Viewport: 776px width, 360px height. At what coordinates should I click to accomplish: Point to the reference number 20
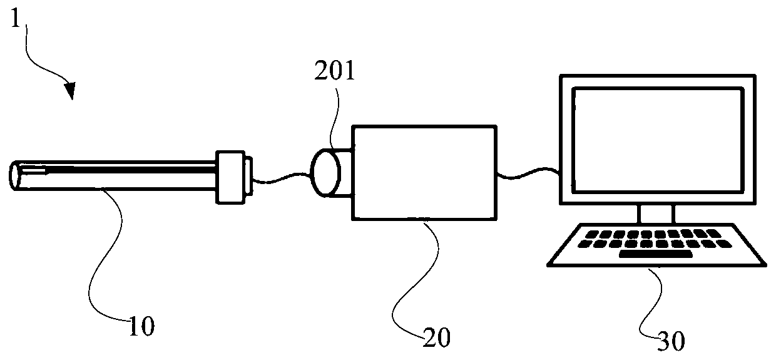coord(436,338)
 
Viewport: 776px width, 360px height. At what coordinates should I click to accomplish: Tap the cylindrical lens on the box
coord(326,173)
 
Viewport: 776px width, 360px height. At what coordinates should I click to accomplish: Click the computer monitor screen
coord(656,140)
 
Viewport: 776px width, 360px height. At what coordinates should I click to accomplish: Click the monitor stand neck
coord(656,214)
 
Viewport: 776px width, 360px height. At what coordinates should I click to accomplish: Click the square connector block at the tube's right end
coord(230,177)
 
